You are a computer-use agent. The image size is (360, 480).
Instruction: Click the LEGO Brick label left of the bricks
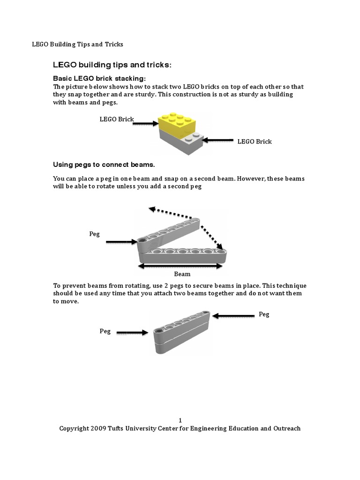tap(117, 119)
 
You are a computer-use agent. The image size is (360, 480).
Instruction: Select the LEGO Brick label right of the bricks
tap(255, 141)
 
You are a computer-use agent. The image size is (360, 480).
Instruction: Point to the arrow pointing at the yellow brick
tap(146, 124)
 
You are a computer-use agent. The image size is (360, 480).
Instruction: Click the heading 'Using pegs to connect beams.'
tap(104, 165)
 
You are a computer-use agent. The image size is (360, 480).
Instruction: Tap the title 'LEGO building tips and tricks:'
tap(112, 64)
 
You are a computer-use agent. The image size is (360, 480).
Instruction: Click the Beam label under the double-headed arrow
tap(182, 274)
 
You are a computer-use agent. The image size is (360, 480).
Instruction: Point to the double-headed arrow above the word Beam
tap(180, 266)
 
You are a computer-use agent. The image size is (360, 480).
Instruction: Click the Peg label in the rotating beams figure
tap(95, 234)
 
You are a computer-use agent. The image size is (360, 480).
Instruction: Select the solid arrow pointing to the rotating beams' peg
tap(121, 242)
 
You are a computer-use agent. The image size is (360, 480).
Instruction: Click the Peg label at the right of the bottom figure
tap(264, 314)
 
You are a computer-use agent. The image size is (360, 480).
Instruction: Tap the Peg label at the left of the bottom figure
tap(105, 331)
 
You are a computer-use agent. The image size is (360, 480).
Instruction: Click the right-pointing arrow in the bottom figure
tap(132, 333)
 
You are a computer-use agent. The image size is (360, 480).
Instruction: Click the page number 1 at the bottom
tap(180, 420)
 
